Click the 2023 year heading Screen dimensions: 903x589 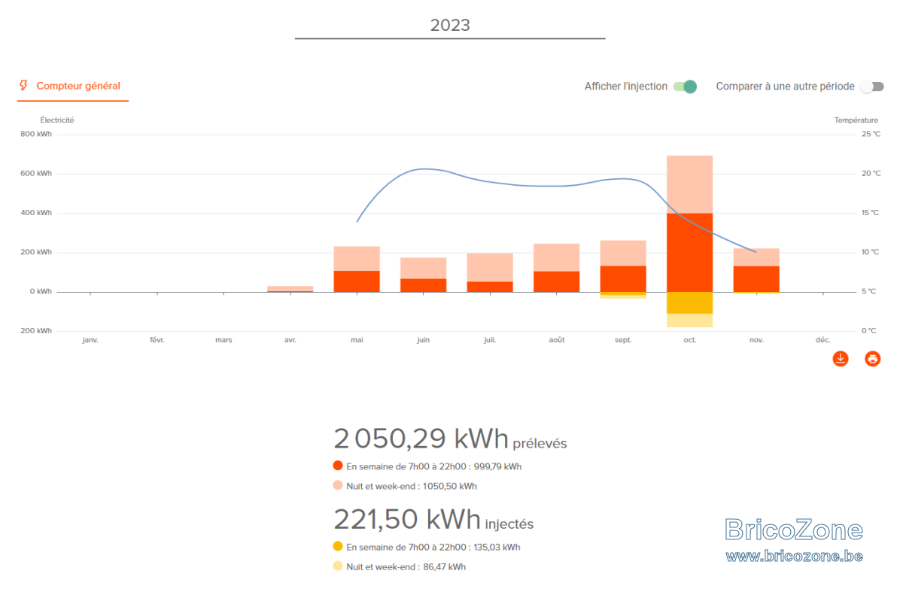coord(450,25)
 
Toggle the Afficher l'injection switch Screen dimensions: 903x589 coord(685,87)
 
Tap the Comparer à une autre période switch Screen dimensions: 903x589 coord(872,87)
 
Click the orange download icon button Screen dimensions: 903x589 coord(841,359)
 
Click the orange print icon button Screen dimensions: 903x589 coord(872,359)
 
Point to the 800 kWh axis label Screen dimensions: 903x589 coord(36,134)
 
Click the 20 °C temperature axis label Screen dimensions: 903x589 coord(871,173)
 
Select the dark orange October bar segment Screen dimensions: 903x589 coord(690,253)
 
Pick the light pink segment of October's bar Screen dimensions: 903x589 coord(690,184)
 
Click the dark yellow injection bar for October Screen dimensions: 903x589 coord(690,303)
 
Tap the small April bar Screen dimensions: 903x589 coord(290,289)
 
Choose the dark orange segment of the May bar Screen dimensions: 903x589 coord(357,281)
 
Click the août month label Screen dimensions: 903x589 coord(557,340)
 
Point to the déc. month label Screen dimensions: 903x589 coord(822,340)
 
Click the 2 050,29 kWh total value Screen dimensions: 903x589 coord(421,439)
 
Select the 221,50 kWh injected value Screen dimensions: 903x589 coord(407,519)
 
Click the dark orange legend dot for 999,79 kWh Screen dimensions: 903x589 coord(338,466)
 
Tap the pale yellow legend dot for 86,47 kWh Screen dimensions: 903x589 coord(338,566)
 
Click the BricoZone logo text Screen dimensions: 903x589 coord(794,530)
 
